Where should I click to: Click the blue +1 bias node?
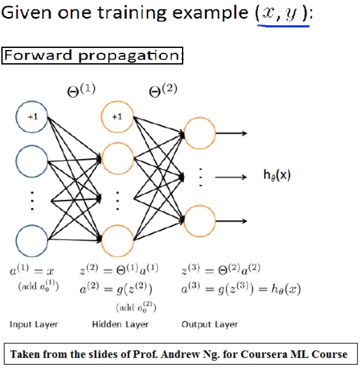coord(32,117)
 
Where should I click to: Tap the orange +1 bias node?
coord(117,117)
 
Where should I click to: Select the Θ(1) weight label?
coord(81,91)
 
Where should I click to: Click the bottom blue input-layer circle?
coord(32,241)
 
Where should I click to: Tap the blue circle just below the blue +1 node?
coord(32,162)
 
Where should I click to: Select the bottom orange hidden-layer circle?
coord(117,240)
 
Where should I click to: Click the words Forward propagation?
coord(92,55)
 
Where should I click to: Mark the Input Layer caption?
coord(34,324)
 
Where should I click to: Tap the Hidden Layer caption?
coord(120,324)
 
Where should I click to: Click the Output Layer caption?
coord(210,324)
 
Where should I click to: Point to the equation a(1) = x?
coord(32,271)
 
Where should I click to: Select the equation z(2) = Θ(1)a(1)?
coord(119,270)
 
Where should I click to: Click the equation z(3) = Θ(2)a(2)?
coord(221,270)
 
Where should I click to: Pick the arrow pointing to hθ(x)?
coord(231,177)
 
